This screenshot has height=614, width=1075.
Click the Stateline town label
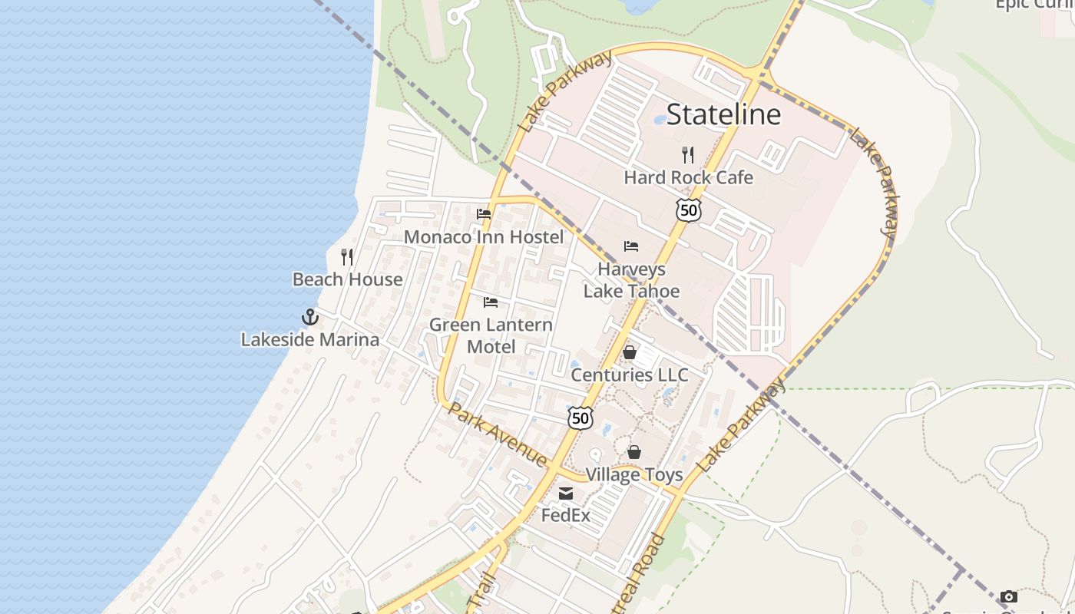pyautogui.click(x=723, y=114)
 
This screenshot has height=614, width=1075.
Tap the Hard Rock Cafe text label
pyautogui.click(x=688, y=177)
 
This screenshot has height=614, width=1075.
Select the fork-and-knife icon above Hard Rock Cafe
pyautogui.click(x=688, y=155)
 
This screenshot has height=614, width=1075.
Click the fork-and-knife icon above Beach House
pyautogui.click(x=347, y=257)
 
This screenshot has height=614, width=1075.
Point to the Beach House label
pyautogui.click(x=347, y=279)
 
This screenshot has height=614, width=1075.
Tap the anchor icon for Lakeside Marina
pyautogui.click(x=309, y=316)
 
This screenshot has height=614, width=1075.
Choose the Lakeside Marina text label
pyautogui.click(x=309, y=339)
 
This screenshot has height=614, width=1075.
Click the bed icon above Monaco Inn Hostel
pyautogui.click(x=484, y=214)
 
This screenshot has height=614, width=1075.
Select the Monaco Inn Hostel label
pyautogui.click(x=484, y=236)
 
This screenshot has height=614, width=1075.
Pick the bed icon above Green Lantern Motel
pyautogui.click(x=491, y=302)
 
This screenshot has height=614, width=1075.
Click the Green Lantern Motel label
pyautogui.click(x=491, y=335)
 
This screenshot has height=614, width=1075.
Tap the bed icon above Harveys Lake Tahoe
pyautogui.click(x=631, y=246)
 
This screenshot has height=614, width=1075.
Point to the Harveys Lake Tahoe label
pyautogui.click(x=631, y=280)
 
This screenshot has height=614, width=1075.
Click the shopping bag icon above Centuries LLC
pyautogui.click(x=630, y=352)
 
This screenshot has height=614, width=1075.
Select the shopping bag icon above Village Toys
pyautogui.click(x=634, y=452)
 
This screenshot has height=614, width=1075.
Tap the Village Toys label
pyautogui.click(x=634, y=474)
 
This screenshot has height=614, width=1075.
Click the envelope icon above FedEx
pyautogui.click(x=566, y=494)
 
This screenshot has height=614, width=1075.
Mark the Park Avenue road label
pyautogui.click(x=498, y=434)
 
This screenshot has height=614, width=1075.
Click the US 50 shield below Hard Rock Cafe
pyautogui.click(x=689, y=210)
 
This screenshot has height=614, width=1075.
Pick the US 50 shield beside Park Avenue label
pyautogui.click(x=580, y=418)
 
